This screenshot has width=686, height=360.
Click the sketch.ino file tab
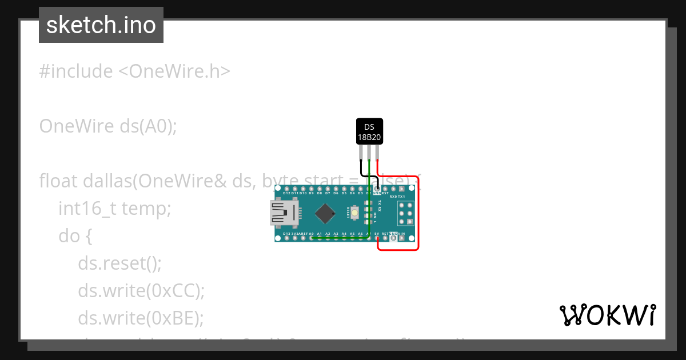tap(101, 25)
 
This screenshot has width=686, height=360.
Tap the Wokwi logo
tap(607, 315)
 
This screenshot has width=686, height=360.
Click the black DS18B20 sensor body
tap(369, 131)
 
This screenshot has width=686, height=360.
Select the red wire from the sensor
tap(418, 217)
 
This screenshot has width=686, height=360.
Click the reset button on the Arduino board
tap(356, 213)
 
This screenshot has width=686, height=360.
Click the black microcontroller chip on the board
tap(325, 213)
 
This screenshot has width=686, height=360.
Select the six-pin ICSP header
tap(405, 213)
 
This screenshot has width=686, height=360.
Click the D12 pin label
tap(287, 194)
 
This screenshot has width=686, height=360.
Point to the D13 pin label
tap(287, 234)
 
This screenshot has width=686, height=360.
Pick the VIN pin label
tap(401, 234)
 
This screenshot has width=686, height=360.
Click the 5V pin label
tap(377, 234)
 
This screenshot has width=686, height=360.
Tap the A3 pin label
tap(336, 234)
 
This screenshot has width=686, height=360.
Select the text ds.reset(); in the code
tap(120, 264)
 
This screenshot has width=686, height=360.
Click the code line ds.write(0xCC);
tap(141, 291)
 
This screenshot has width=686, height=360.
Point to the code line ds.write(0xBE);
tap(141, 317)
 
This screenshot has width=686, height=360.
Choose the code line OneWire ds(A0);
tap(108, 126)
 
